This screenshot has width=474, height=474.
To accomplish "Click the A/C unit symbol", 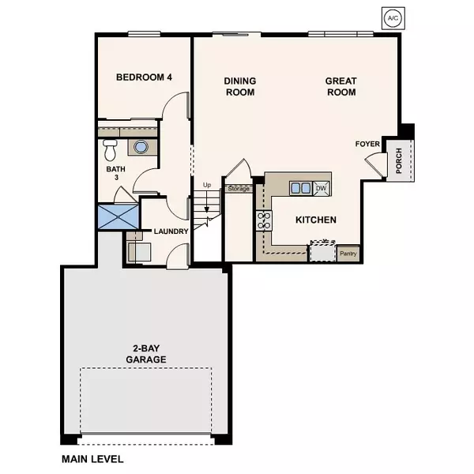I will tap(392, 17).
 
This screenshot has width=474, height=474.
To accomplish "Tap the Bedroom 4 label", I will tap(144, 77).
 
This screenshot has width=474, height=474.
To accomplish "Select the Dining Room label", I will tap(239, 87).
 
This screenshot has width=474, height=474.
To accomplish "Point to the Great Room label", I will tap(340, 87).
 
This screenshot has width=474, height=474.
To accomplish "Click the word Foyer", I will tap(368, 144).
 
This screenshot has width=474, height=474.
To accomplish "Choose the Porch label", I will tap(400, 161).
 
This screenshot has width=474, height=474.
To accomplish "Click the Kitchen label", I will tap(316, 220).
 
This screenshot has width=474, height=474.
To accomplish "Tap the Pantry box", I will tap(348, 254).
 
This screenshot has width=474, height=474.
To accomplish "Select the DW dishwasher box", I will tap(321, 188).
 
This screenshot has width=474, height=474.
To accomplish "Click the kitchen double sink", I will tap(300, 188).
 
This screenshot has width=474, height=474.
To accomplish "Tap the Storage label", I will tap(239, 189).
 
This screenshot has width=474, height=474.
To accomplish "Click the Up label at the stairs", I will tap(208, 186).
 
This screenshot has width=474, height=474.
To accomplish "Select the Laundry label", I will tap(171, 231).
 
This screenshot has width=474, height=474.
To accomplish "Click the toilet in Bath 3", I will tap(111, 148).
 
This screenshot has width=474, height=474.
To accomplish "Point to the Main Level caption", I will tap(92, 458).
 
